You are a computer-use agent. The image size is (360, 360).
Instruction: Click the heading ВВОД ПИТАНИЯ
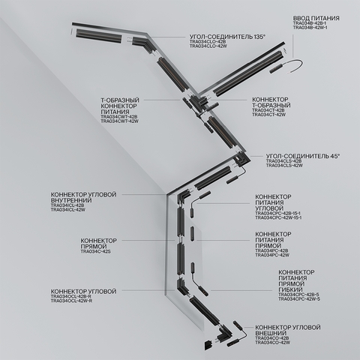[315, 17]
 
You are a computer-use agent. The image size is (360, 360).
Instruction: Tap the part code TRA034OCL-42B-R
[72, 296]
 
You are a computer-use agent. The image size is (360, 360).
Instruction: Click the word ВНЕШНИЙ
[276, 334]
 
